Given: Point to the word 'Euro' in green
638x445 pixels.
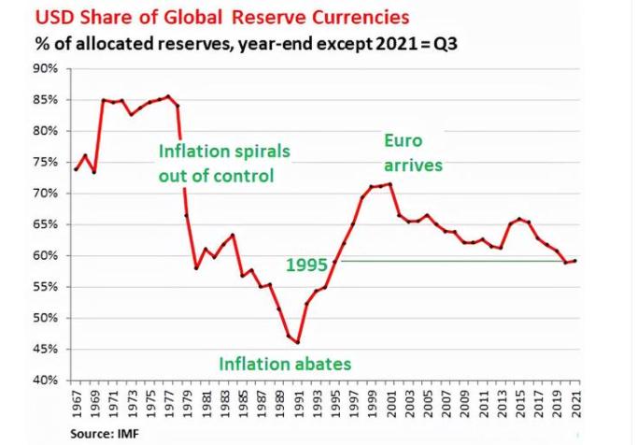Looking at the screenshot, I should pyautogui.click(x=404, y=140).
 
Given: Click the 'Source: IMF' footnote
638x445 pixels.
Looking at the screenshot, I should pyautogui.click(x=106, y=435).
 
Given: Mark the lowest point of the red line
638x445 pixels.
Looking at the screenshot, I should pyautogui.click(x=297, y=343).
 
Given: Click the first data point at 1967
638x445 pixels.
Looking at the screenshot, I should pyautogui.click(x=75, y=169).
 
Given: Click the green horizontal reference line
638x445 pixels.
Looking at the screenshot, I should pyautogui.click(x=448, y=261).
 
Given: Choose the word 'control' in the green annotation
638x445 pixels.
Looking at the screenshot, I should pyautogui.click(x=245, y=175).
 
